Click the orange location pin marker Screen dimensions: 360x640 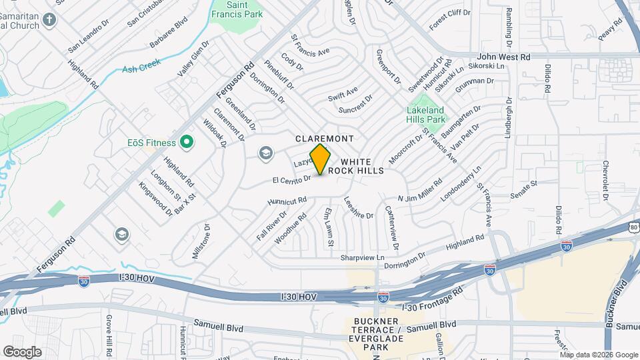(321, 159)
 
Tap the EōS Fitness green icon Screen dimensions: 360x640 (187, 142)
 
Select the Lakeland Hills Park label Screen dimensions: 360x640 (425, 114)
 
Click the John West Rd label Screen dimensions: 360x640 (504, 57)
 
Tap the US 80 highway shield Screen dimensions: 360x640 (634, 229)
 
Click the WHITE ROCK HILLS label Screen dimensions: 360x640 (362, 167)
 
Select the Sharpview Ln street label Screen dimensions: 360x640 (363, 257)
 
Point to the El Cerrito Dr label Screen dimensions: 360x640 (291, 179)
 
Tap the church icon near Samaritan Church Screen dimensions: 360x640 (49, 19)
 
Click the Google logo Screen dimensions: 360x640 (22, 351)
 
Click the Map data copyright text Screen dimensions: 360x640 (598, 354)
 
